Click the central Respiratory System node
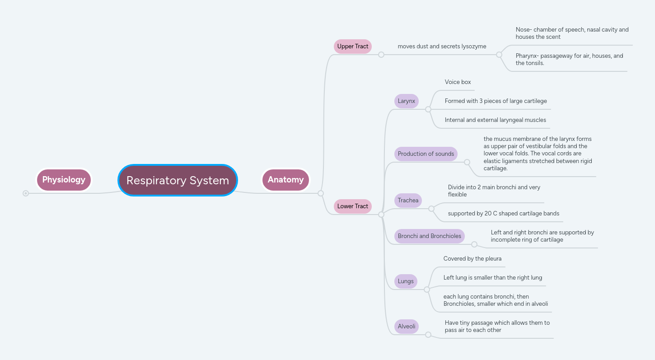click(x=178, y=180)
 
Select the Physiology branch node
click(x=64, y=180)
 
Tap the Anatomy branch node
click(x=285, y=180)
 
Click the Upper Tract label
click(x=352, y=46)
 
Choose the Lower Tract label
click(x=352, y=206)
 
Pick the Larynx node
click(x=406, y=101)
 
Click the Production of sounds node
click(x=426, y=154)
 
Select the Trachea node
click(x=408, y=200)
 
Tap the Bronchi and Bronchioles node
click(x=429, y=236)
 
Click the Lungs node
click(x=406, y=281)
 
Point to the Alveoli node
click(x=406, y=326)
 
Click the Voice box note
click(x=458, y=82)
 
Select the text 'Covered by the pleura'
click(x=472, y=259)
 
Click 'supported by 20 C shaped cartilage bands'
click(x=503, y=213)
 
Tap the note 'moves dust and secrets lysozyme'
click(x=442, y=46)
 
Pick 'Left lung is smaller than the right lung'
click(x=492, y=278)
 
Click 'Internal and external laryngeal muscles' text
click(x=495, y=120)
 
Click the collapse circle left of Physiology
click(x=26, y=193)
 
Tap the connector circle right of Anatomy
click(x=321, y=193)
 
